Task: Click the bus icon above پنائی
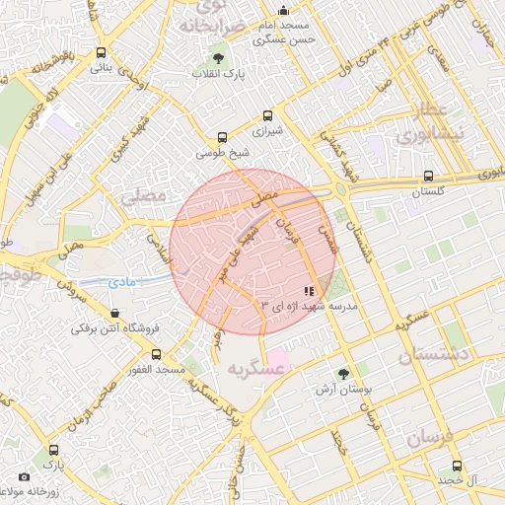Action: (x=102, y=52)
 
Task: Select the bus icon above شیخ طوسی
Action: (x=222, y=138)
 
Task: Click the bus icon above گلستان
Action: (x=427, y=177)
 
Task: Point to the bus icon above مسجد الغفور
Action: (x=156, y=353)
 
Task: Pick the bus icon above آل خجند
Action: (x=456, y=466)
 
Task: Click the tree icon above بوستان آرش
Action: (x=342, y=374)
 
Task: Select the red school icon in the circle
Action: (x=309, y=292)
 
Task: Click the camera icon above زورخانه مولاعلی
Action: (x=24, y=476)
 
